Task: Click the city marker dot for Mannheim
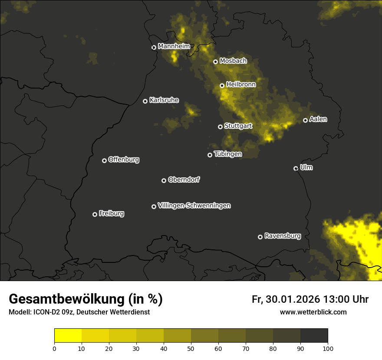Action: (x=154, y=48)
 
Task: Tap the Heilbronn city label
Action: (x=241, y=85)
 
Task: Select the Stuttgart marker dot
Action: (x=220, y=127)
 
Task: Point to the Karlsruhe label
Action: (x=164, y=100)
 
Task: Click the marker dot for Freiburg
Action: (x=95, y=214)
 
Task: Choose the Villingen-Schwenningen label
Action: (x=194, y=206)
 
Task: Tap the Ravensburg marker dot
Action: (x=260, y=237)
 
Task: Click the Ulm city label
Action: (x=306, y=167)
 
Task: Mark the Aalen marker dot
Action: (x=305, y=120)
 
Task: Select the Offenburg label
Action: (x=124, y=160)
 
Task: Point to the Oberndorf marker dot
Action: (x=164, y=180)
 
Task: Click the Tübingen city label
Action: (x=228, y=154)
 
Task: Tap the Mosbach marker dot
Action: (x=215, y=62)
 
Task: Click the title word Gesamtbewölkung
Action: (x=66, y=299)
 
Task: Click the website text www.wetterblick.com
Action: (x=313, y=312)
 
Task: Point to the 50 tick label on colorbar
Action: (x=191, y=348)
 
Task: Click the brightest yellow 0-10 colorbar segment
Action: (x=68, y=336)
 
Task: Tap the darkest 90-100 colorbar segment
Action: (x=314, y=336)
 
